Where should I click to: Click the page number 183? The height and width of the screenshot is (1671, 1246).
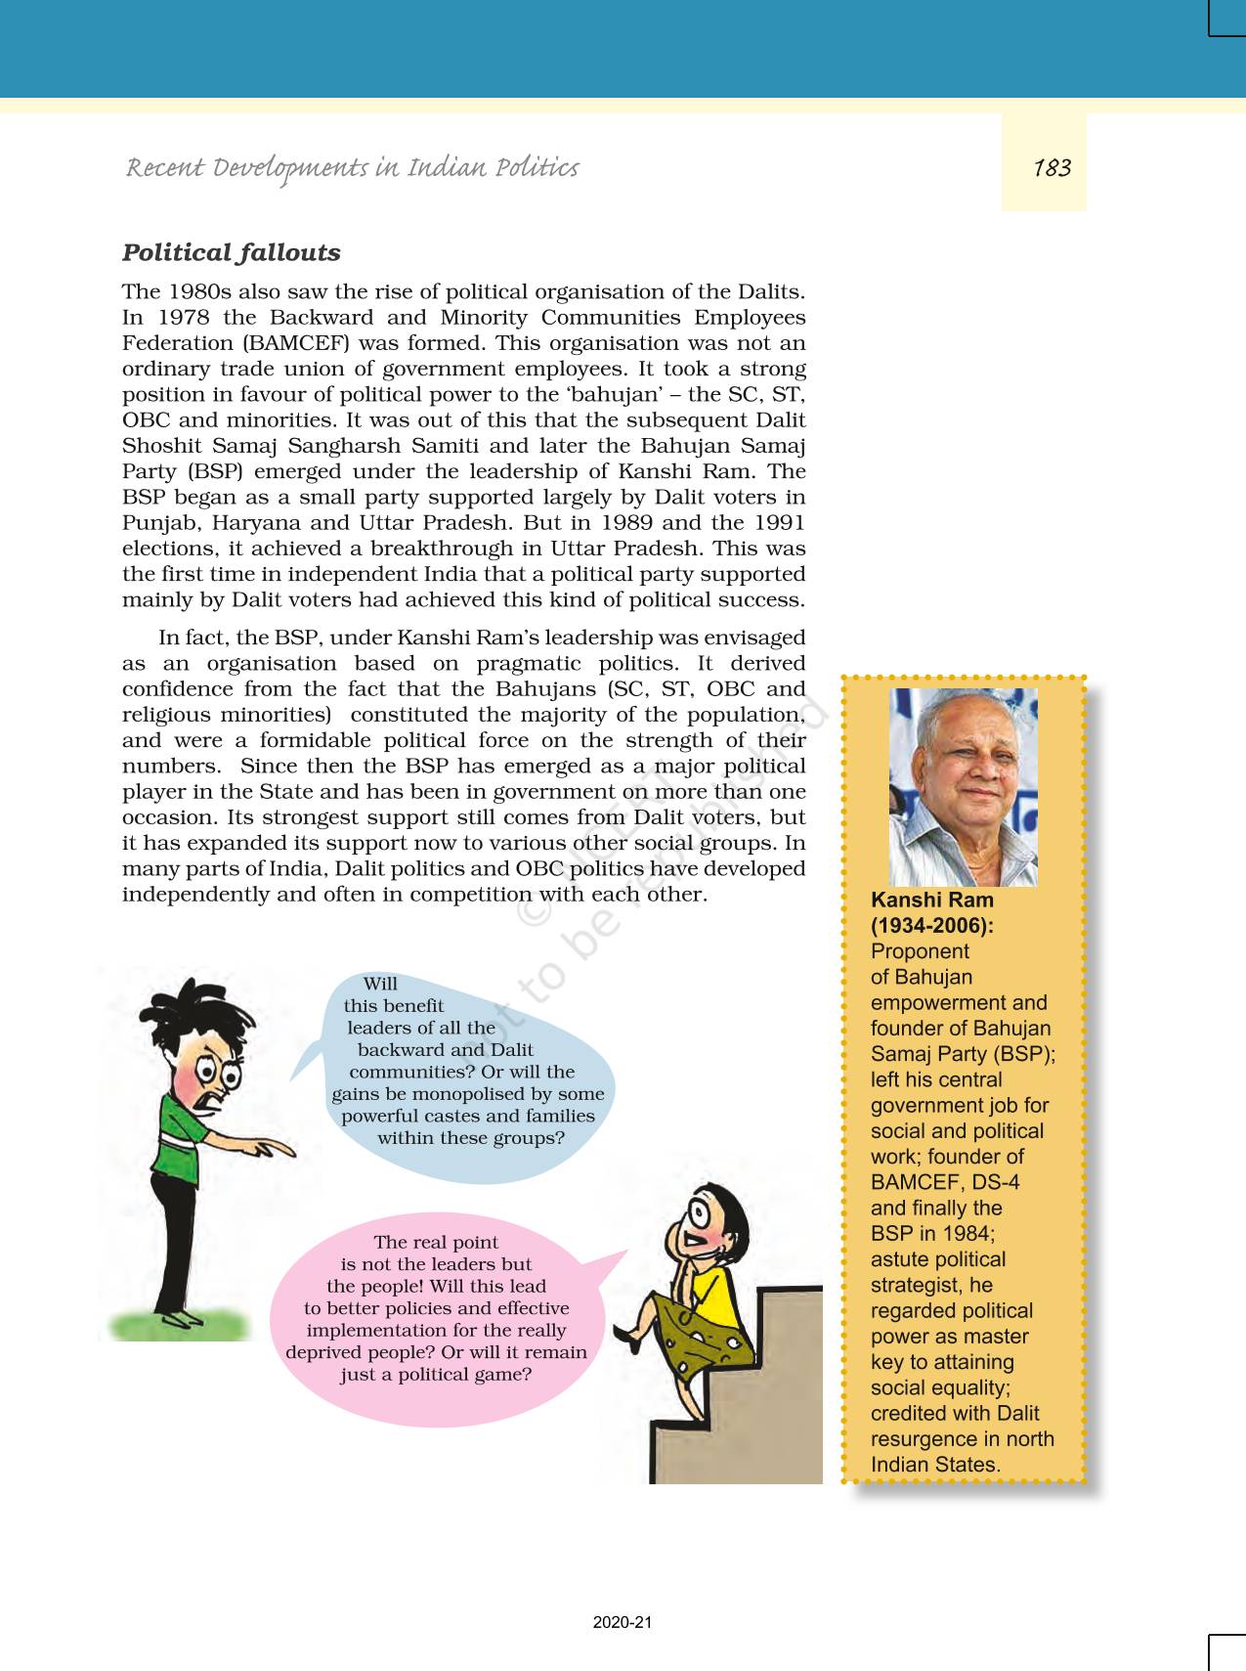[1052, 168]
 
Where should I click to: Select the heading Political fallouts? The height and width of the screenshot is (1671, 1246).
[231, 252]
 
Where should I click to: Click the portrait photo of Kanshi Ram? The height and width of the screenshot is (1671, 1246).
[963, 786]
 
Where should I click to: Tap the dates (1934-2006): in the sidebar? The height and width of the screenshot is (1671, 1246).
[931, 926]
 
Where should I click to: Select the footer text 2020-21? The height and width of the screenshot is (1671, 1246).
[622, 1622]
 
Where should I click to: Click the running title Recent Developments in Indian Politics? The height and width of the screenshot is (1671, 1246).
[352, 168]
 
